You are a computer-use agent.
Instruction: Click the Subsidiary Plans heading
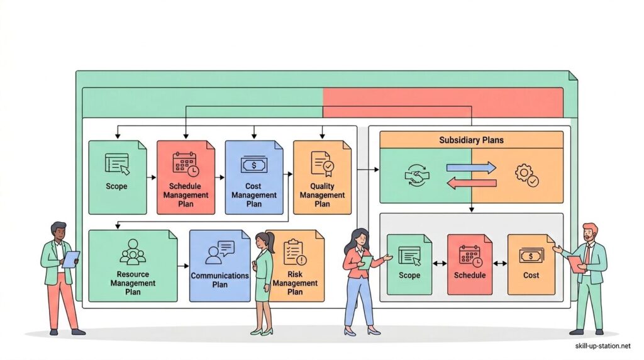point(471,140)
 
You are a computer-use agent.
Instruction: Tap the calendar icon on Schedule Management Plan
point(186,164)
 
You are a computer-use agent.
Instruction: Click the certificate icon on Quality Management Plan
point(322,164)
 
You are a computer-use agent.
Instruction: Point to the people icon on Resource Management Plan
point(133,252)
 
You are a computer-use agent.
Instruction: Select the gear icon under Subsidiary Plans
point(526,174)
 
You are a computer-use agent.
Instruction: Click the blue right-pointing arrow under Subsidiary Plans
point(471,168)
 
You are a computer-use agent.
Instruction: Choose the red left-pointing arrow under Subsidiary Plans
point(471,183)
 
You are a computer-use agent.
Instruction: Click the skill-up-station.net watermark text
point(602,346)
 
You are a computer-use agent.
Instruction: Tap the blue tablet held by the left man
point(70,259)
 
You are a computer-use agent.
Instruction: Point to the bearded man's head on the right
point(589,232)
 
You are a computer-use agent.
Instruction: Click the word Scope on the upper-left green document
point(116,186)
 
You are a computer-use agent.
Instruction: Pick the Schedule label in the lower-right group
point(469,275)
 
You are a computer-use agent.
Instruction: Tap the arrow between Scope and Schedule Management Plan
point(151,177)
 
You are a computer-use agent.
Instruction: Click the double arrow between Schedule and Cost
point(500,263)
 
